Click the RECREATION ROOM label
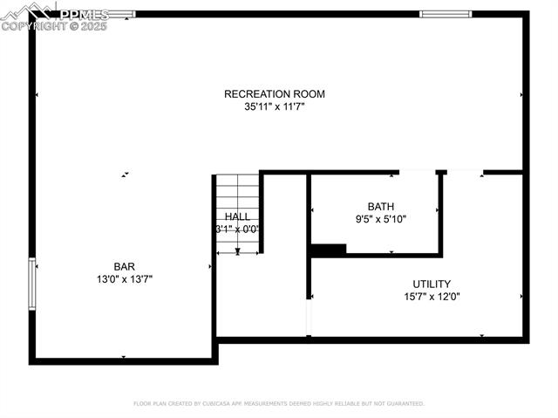coord(274,94)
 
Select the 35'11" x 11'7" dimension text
coord(274,107)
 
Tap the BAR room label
coord(124,266)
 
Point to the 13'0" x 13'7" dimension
coord(124,279)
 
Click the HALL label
coord(237,216)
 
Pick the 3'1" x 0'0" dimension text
coord(237,230)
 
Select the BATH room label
coord(380,207)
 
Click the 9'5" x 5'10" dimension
coord(380,219)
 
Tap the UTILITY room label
coord(431,284)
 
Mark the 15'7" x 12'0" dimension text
coord(431,297)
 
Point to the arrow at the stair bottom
coord(237,250)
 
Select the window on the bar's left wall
coord(32,284)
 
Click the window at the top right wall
coord(445,14)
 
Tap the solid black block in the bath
coord(329,250)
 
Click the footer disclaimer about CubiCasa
coord(279,404)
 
